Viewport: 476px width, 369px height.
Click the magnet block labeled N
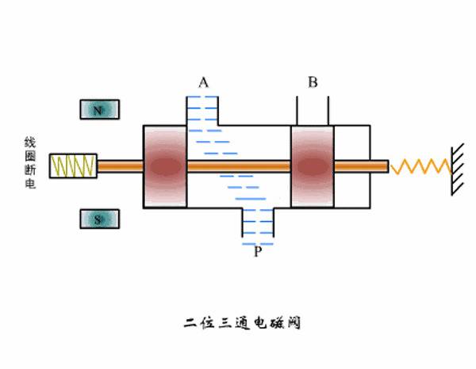(x=99, y=110)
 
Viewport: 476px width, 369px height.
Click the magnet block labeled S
(x=99, y=219)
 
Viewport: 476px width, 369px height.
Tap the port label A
(x=204, y=82)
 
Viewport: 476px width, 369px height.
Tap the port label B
(x=313, y=82)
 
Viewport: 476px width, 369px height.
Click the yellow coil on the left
(x=73, y=165)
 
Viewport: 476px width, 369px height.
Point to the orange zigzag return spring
(x=420, y=166)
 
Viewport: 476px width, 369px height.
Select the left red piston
(x=165, y=166)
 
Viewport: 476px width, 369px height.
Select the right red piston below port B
(x=313, y=166)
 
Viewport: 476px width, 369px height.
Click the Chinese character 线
(x=30, y=143)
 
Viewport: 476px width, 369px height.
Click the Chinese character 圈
(x=30, y=158)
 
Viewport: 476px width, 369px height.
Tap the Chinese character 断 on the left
(x=30, y=173)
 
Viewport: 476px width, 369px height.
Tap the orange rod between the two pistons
(x=238, y=166)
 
